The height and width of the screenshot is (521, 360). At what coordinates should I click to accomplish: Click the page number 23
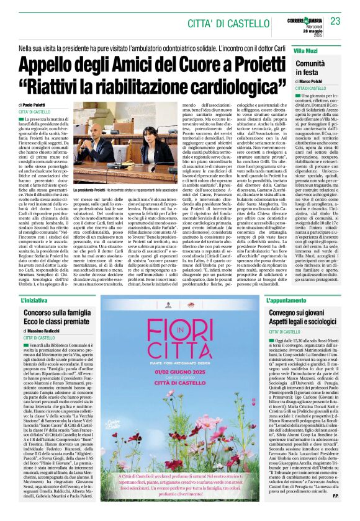pos(336,21)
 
